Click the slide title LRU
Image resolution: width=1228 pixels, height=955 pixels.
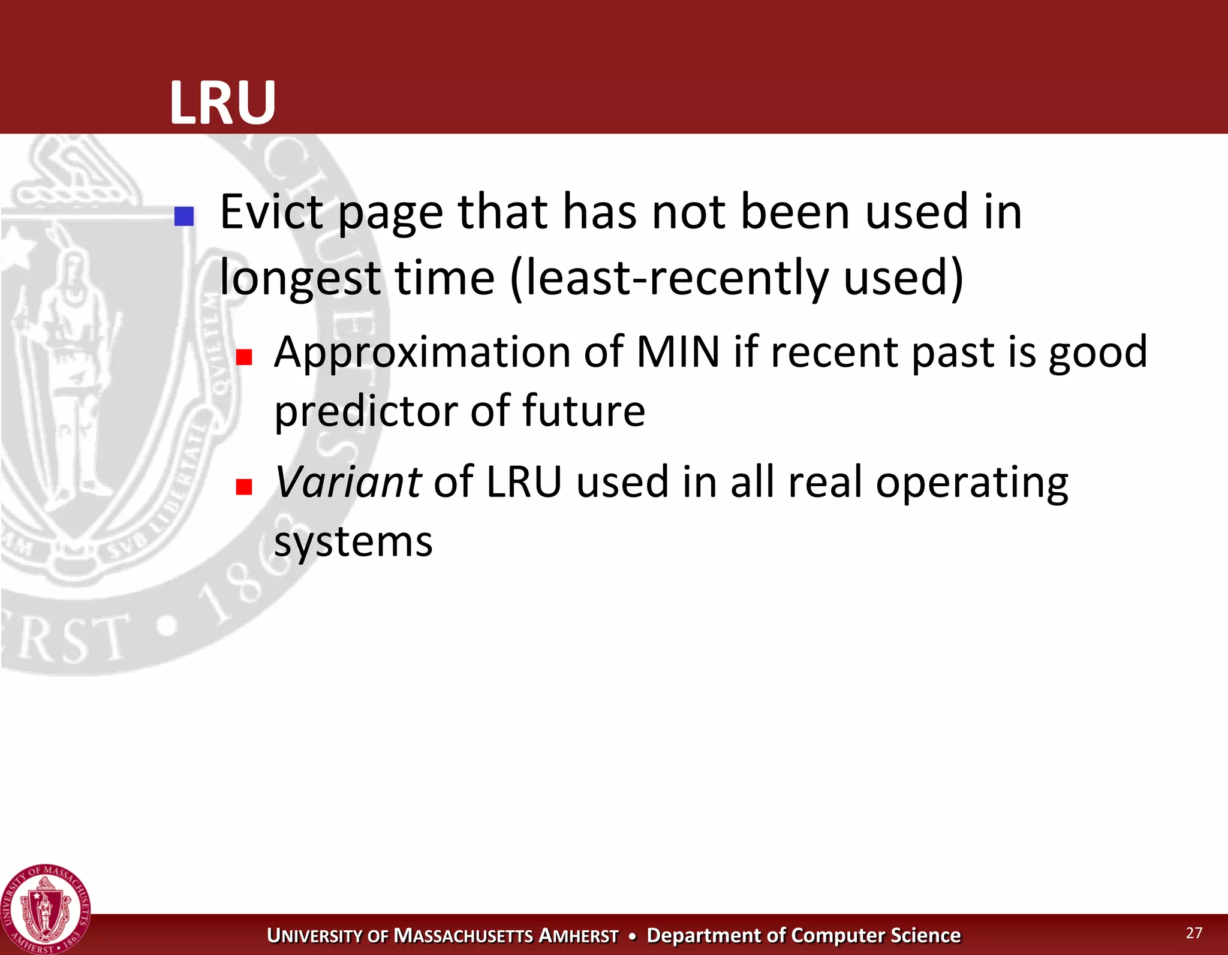coord(222,103)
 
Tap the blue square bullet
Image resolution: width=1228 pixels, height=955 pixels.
coord(183,216)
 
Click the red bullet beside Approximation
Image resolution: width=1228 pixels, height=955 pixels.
coord(243,357)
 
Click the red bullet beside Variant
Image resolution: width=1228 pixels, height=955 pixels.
coord(243,486)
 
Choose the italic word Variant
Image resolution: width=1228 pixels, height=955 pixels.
coord(348,482)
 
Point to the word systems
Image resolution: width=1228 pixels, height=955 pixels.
coord(353,542)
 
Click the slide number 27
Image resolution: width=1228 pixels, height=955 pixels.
coord(1194,933)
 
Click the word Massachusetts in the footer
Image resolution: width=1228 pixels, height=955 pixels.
coord(463,936)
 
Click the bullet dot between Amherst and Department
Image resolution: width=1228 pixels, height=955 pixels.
coord(632,936)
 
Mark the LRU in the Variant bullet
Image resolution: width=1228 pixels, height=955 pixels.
coord(524,482)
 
